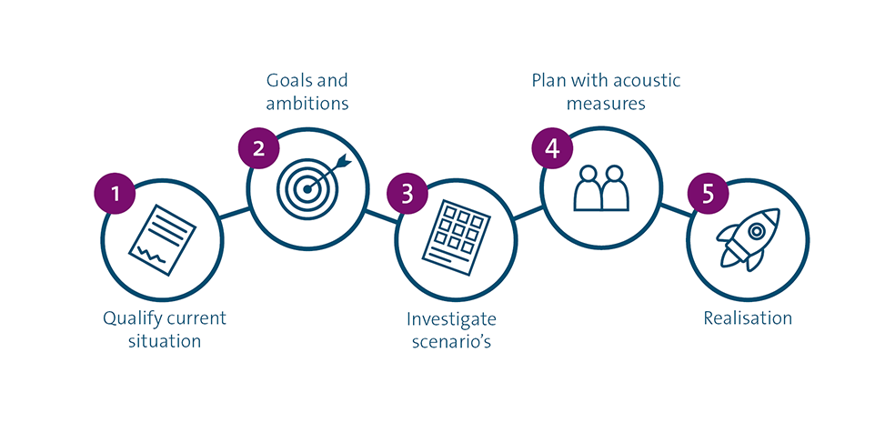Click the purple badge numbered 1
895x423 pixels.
(x=115, y=193)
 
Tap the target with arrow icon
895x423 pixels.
(x=309, y=183)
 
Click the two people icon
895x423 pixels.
(x=601, y=187)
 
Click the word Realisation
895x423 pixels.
(x=748, y=318)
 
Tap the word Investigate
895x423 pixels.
(x=452, y=319)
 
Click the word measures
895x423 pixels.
(x=606, y=104)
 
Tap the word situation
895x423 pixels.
(x=165, y=342)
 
